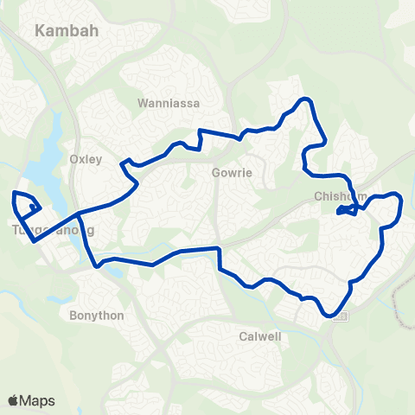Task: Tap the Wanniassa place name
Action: (169, 103)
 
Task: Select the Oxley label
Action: (85, 159)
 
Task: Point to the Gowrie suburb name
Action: (232, 172)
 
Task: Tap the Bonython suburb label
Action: (96, 316)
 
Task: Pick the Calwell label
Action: (260, 336)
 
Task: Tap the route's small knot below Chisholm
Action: (346, 209)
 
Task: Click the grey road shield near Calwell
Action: (339, 316)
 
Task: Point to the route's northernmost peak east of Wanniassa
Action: (303, 100)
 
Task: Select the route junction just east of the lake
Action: (79, 213)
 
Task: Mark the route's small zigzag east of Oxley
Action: (128, 163)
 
